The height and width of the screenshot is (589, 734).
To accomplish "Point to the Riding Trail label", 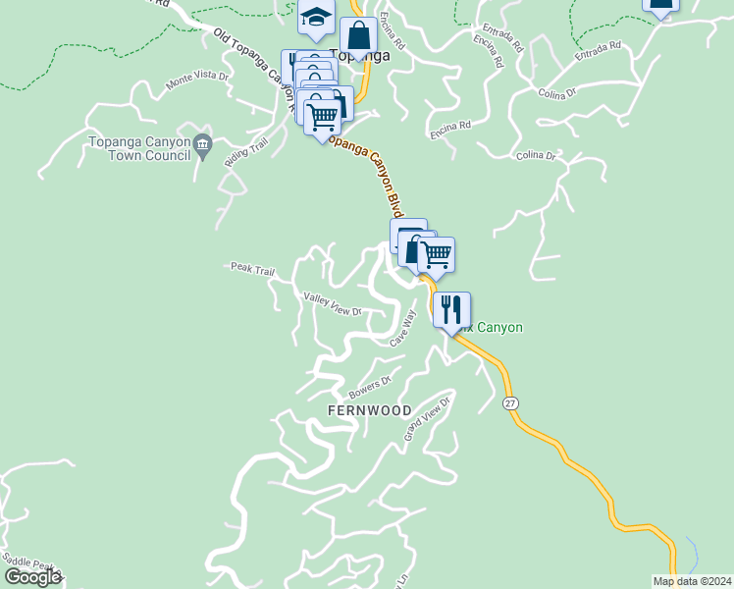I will tap(245, 152).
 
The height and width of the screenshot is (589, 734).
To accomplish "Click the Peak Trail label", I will tap(252, 268).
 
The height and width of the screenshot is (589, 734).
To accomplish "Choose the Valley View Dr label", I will tap(332, 304).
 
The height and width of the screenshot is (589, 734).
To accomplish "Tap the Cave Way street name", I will tap(403, 328).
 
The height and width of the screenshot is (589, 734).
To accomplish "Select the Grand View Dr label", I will tap(427, 418).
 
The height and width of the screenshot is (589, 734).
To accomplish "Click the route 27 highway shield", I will tap(510, 403).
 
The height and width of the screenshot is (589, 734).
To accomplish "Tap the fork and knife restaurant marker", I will tap(451, 310).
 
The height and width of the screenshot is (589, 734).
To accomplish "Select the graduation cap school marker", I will tap(315, 17).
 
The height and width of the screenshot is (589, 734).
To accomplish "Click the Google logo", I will tap(32, 577).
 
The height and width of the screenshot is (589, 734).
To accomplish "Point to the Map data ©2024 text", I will tap(691, 581).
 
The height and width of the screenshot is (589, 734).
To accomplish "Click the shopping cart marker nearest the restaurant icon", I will tap(436, 255).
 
